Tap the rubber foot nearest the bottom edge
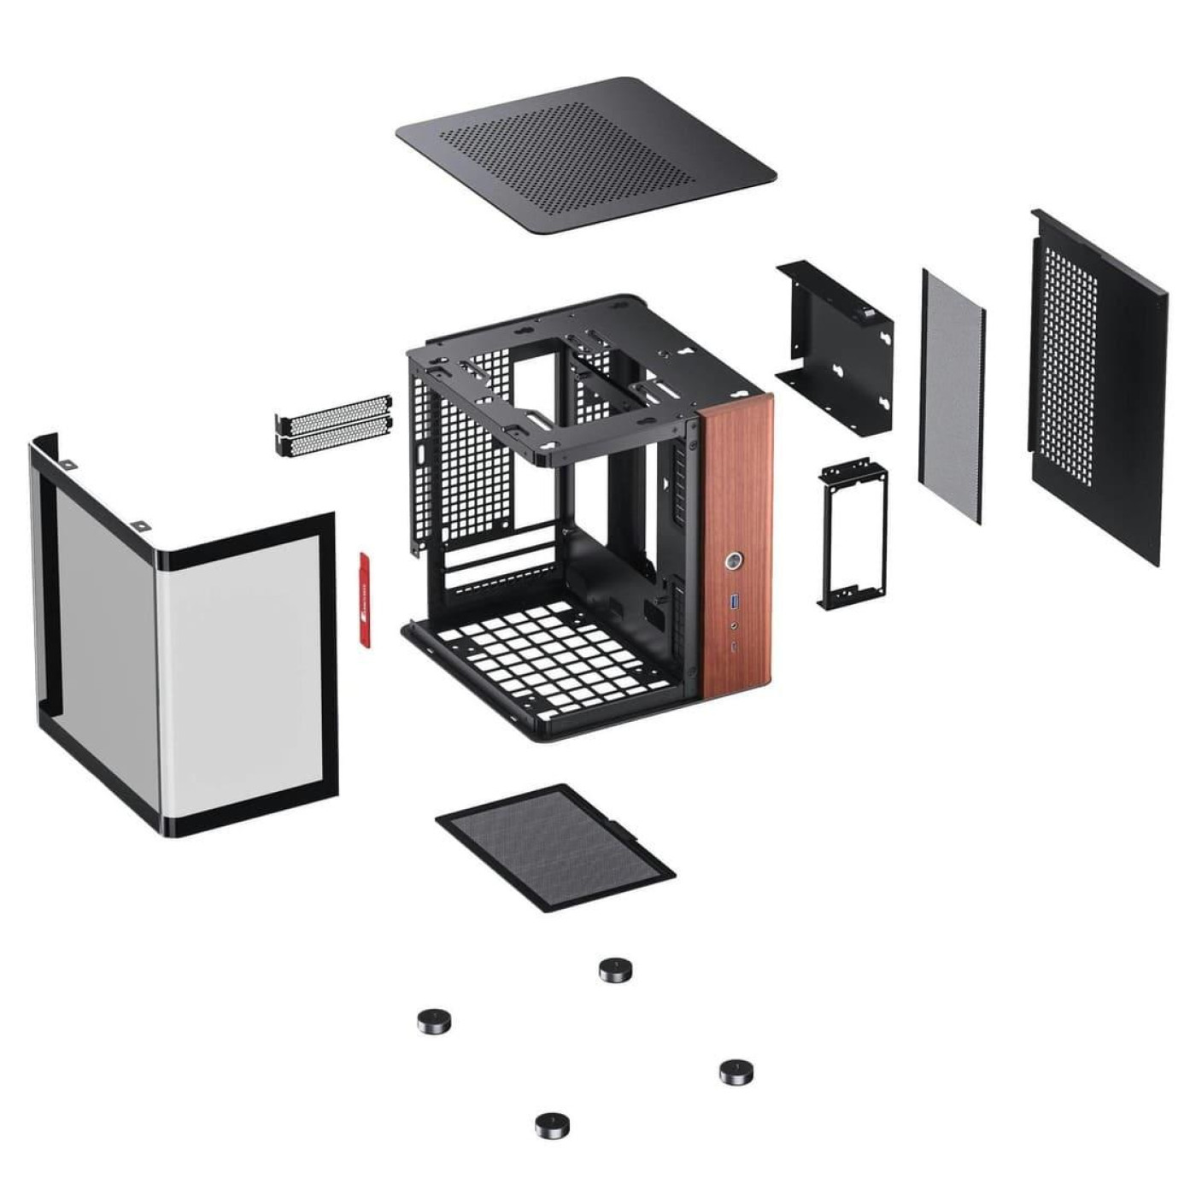click(x=552, y=1125)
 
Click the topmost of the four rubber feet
click(x=615, y=970)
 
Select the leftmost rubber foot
click(x=434, y=1020)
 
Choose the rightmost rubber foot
click(x=736, y=1071)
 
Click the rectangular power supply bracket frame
click(x=853, y=534)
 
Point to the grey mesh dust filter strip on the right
click(x=952, y=397)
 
